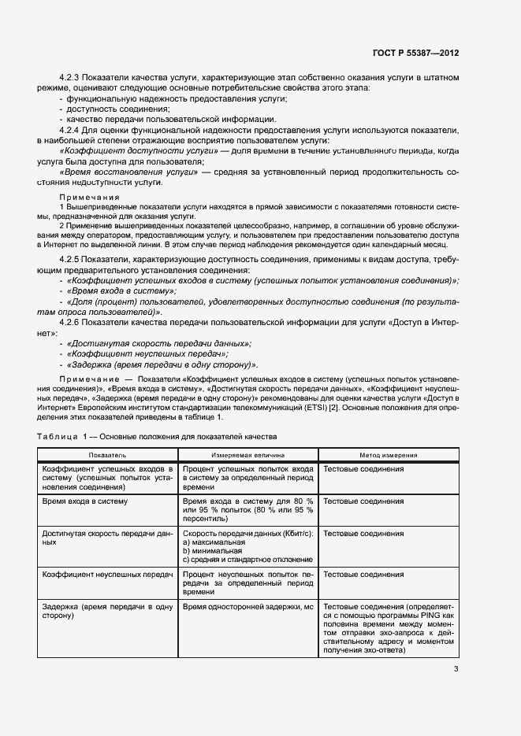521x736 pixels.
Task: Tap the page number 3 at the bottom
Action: coord(456,670)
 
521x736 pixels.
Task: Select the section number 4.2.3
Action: coord(73,79)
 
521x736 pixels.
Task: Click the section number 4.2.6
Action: coord(73,324)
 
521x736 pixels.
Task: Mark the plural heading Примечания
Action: coord(89,197)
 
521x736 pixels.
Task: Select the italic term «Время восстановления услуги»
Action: coord(129,171)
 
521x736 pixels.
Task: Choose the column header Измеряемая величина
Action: coord(247,455)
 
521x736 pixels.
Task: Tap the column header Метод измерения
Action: coord(389,455)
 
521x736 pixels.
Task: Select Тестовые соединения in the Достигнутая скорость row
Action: coord(363,533)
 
